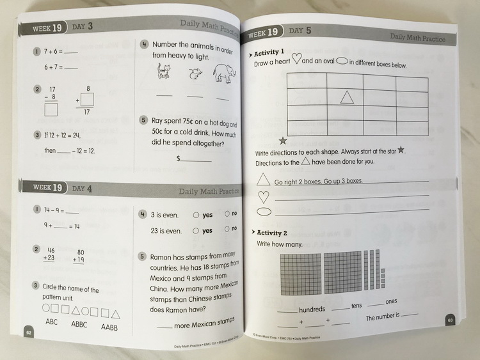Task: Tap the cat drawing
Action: pos(164,72)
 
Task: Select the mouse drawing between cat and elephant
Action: pos(194,75)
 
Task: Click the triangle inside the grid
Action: pos(347,97)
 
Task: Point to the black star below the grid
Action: pos(283,140)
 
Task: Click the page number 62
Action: pos(28,333)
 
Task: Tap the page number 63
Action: pos(450,320)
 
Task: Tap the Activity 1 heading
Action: pos(269,53)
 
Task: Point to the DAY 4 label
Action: pos(82,189)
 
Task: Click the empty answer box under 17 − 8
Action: pos(51,109)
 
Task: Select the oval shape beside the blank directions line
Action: pos(263,212)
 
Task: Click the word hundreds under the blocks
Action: pos(312,309)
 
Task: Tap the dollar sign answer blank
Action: pos(195,159)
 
